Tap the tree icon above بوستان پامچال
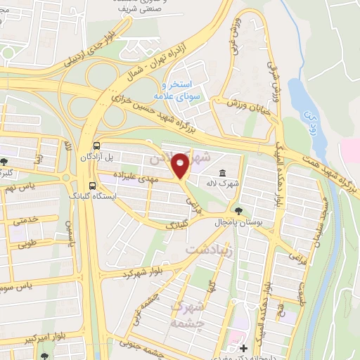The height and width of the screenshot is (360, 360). tap(239, 210)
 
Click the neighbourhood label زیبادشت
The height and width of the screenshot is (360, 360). tap(206, 250)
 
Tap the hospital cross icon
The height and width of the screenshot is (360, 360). tap(244, 348)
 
